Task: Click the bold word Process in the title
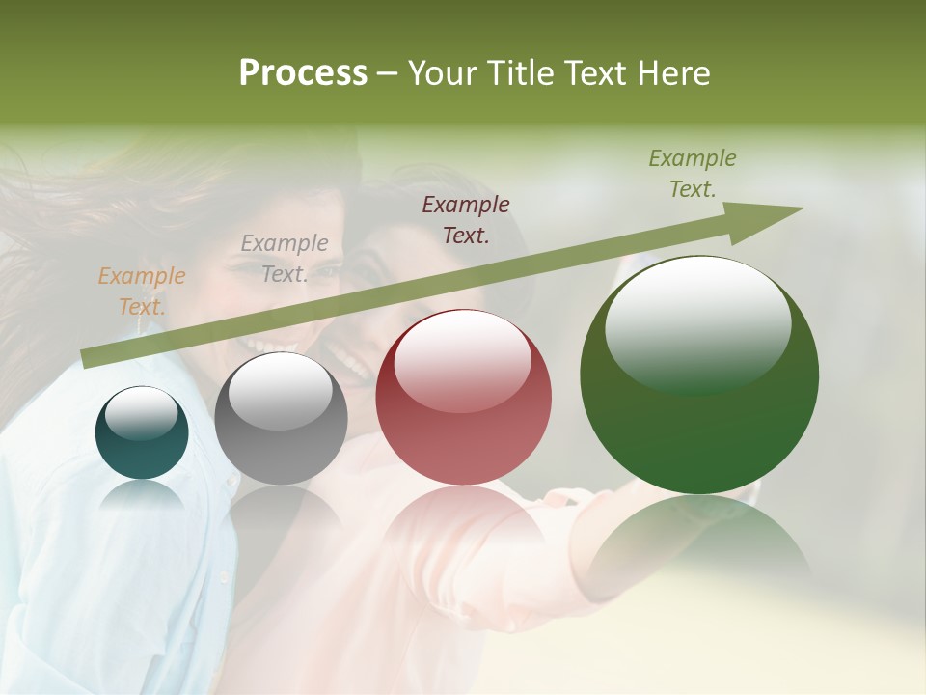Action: pyautogui.click(x=303, y=73)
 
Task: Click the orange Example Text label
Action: pyautogui.click(x=142, y=292)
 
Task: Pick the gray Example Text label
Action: pyautogui.click(x=285, y=259)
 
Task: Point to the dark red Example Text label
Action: pyautogui.click(x=466, y=219)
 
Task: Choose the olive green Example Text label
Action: pyautogui.click(x=693, y=174)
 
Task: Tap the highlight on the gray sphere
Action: pyautogui.click(x=281, y=392)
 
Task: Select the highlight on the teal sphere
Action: pyautogui.click(x=141, y=414)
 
